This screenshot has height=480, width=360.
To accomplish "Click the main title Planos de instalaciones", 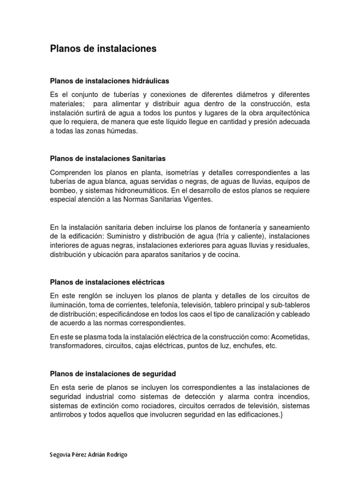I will [103, 49].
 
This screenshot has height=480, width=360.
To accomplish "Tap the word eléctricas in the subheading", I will [146, 282].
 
